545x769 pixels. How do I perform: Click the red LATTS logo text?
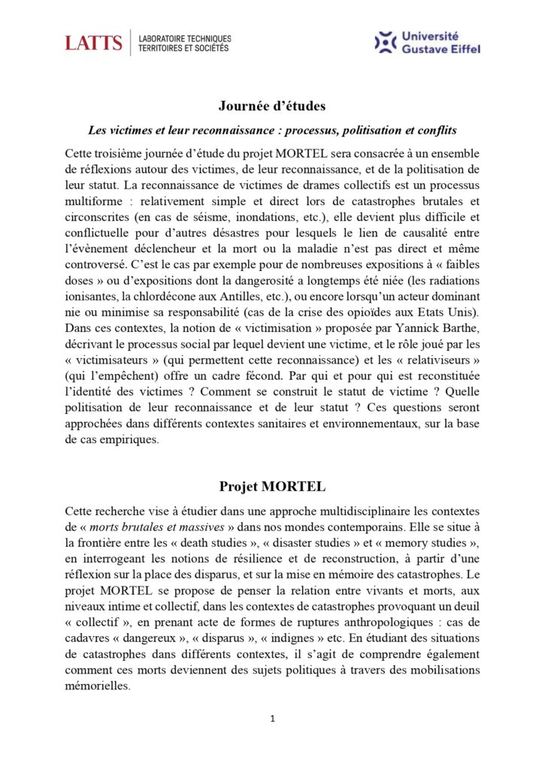click(x=93, y=43)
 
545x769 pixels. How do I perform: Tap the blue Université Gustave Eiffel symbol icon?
click(x=385, y=42)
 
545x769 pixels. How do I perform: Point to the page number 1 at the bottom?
click(x=272, y=719)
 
